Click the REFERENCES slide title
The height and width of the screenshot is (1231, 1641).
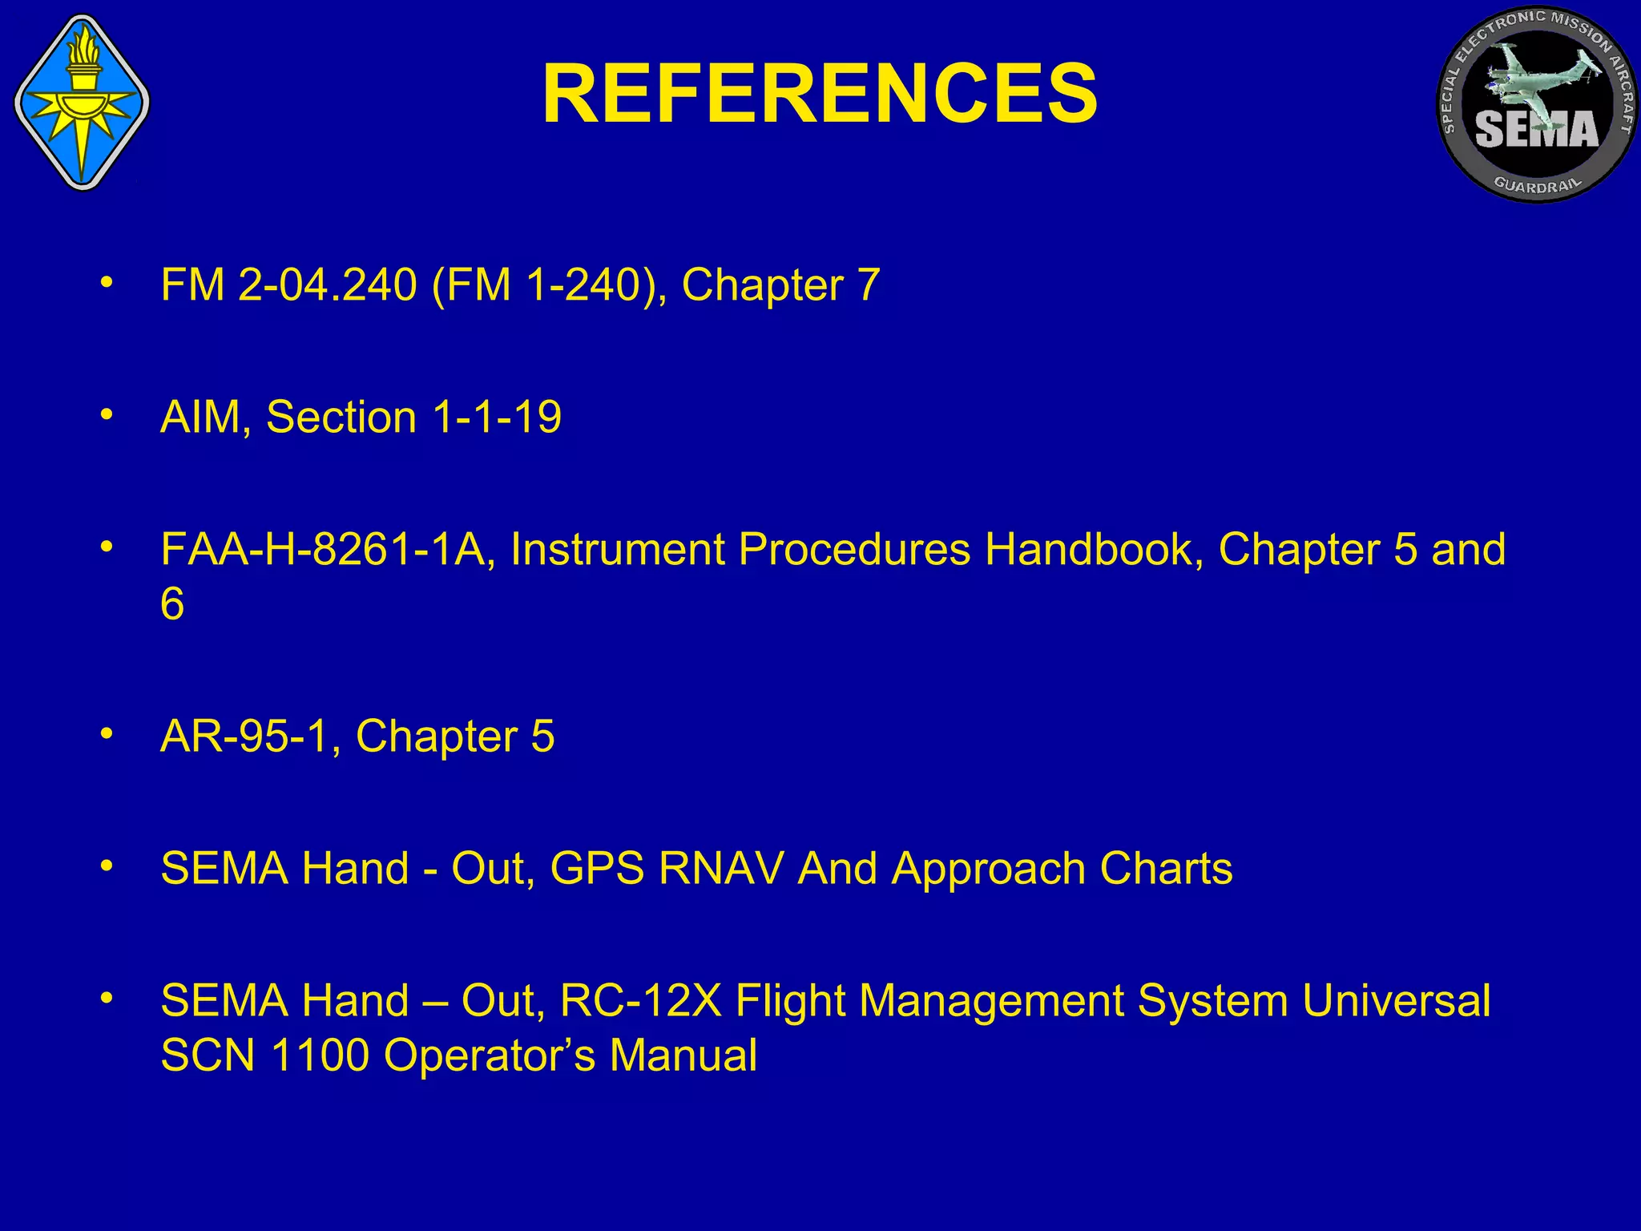click(x=820, y=95)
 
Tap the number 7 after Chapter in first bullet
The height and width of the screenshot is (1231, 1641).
click(x=868, y=285)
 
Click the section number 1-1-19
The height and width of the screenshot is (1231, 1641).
click(x=497, y=418)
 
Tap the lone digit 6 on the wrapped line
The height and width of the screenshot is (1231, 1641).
click(x=172, y=603)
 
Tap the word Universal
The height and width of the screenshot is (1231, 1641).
click(x=1396, y=1001)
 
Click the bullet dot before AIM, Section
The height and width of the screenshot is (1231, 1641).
click(x=107, y=415)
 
